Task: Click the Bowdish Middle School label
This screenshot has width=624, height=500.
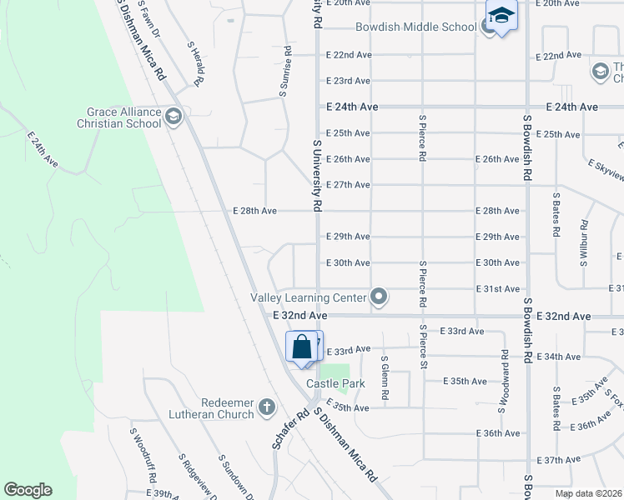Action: (x=415, y=27)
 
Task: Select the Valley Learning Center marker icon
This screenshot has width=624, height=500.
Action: (x=380, y=297)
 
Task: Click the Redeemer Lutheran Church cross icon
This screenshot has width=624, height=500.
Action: (x=267, y=407)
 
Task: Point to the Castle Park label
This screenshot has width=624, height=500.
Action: (x=336, y=384)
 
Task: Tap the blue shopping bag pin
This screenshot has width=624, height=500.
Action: (x=302, y=347)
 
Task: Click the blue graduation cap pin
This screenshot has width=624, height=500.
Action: (x=501, y=16)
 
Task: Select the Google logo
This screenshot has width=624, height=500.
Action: (x=28, y=490)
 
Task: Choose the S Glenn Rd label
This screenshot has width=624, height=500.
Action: (x=385, y=379)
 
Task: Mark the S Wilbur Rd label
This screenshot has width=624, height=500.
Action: (x=585, y=242)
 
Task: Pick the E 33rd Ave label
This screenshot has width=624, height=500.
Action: (x=347, y=350)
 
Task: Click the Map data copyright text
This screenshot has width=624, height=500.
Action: (x=589, y=493)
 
